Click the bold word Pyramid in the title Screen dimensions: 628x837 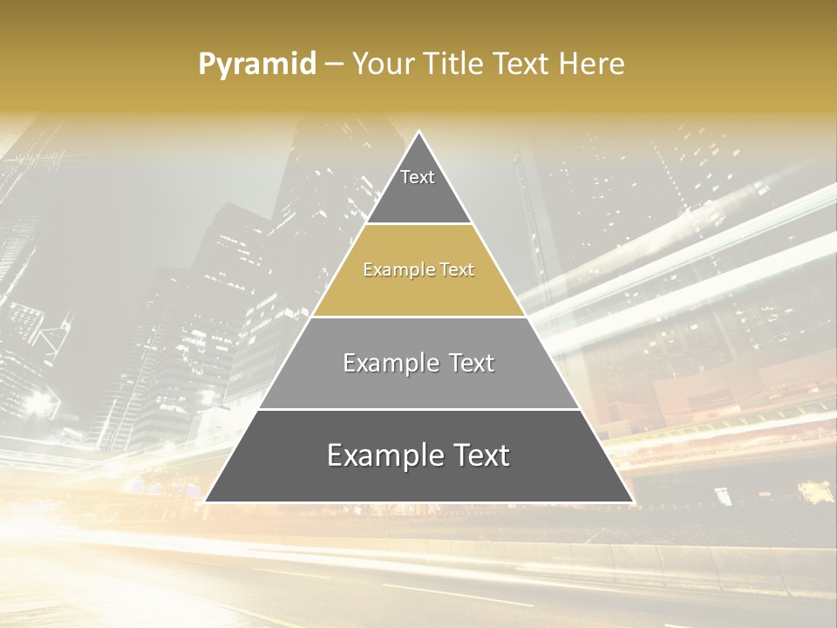[x=256, y=64]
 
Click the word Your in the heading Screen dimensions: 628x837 [x=382, y=64]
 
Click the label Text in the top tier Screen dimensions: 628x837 [x=418, y=177]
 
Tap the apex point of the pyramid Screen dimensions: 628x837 [x=419, y=132]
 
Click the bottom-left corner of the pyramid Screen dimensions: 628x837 [x=205, y=502]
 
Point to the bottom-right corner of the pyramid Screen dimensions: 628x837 [x=633, y=502]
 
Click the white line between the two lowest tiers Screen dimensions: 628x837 [x=418, y=409]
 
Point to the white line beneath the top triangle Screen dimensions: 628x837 [x=418, y=224]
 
